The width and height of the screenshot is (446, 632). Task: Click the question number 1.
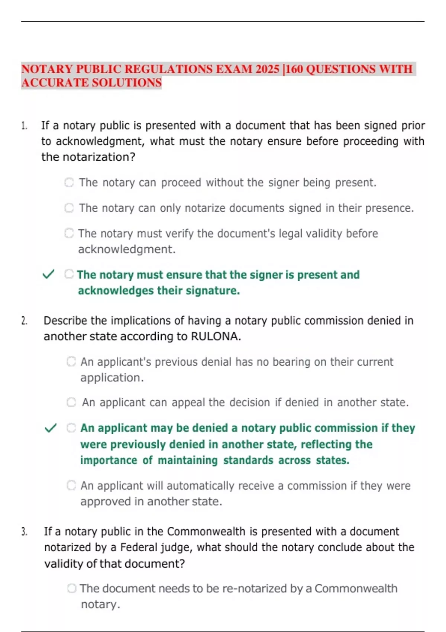pyautogui.click(x=24, y=126)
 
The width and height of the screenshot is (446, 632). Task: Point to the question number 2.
pyautogui.click(x=24, y=321)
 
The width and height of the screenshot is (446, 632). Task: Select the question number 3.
pyautogui.click(x=24, y=532)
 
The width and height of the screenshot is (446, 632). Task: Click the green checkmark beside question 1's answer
pyautogui.click(x=49, y=274)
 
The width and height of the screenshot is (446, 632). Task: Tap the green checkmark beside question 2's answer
pyautogui.click(x=51, y=428)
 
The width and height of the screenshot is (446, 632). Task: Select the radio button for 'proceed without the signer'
pyautogui.click(x=69, y=183)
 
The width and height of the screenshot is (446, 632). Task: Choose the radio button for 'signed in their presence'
pyautogui.click(x=69, y=208)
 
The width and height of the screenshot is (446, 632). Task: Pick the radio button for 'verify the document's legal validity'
pyautogui.click(x=69, y=233)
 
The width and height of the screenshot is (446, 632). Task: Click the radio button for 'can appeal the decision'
pyautogui.click(x=71, y=402)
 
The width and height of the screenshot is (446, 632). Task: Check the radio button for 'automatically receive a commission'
pyautogui.click(x=71, y=486)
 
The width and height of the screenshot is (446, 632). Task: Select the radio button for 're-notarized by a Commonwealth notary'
pyautogui.click(x=72, y=589)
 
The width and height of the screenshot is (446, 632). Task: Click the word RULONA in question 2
pyautogui.click(x=216, y=336)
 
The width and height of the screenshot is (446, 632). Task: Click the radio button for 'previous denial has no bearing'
pyautogui.click(x=71, y=361)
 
